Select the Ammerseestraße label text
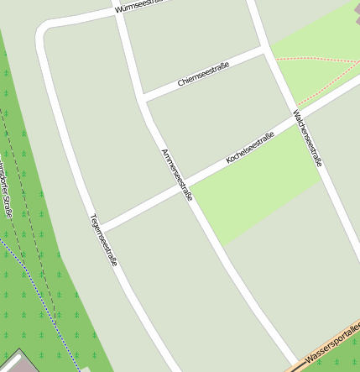[x=177, y=174]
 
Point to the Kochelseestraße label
[x=250, y=148]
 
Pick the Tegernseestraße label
[x=103, y=239]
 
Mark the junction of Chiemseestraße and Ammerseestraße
[x=145, y=99]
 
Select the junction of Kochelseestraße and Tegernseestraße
[x=101, y=227]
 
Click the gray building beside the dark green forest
[x=17, y=362]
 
